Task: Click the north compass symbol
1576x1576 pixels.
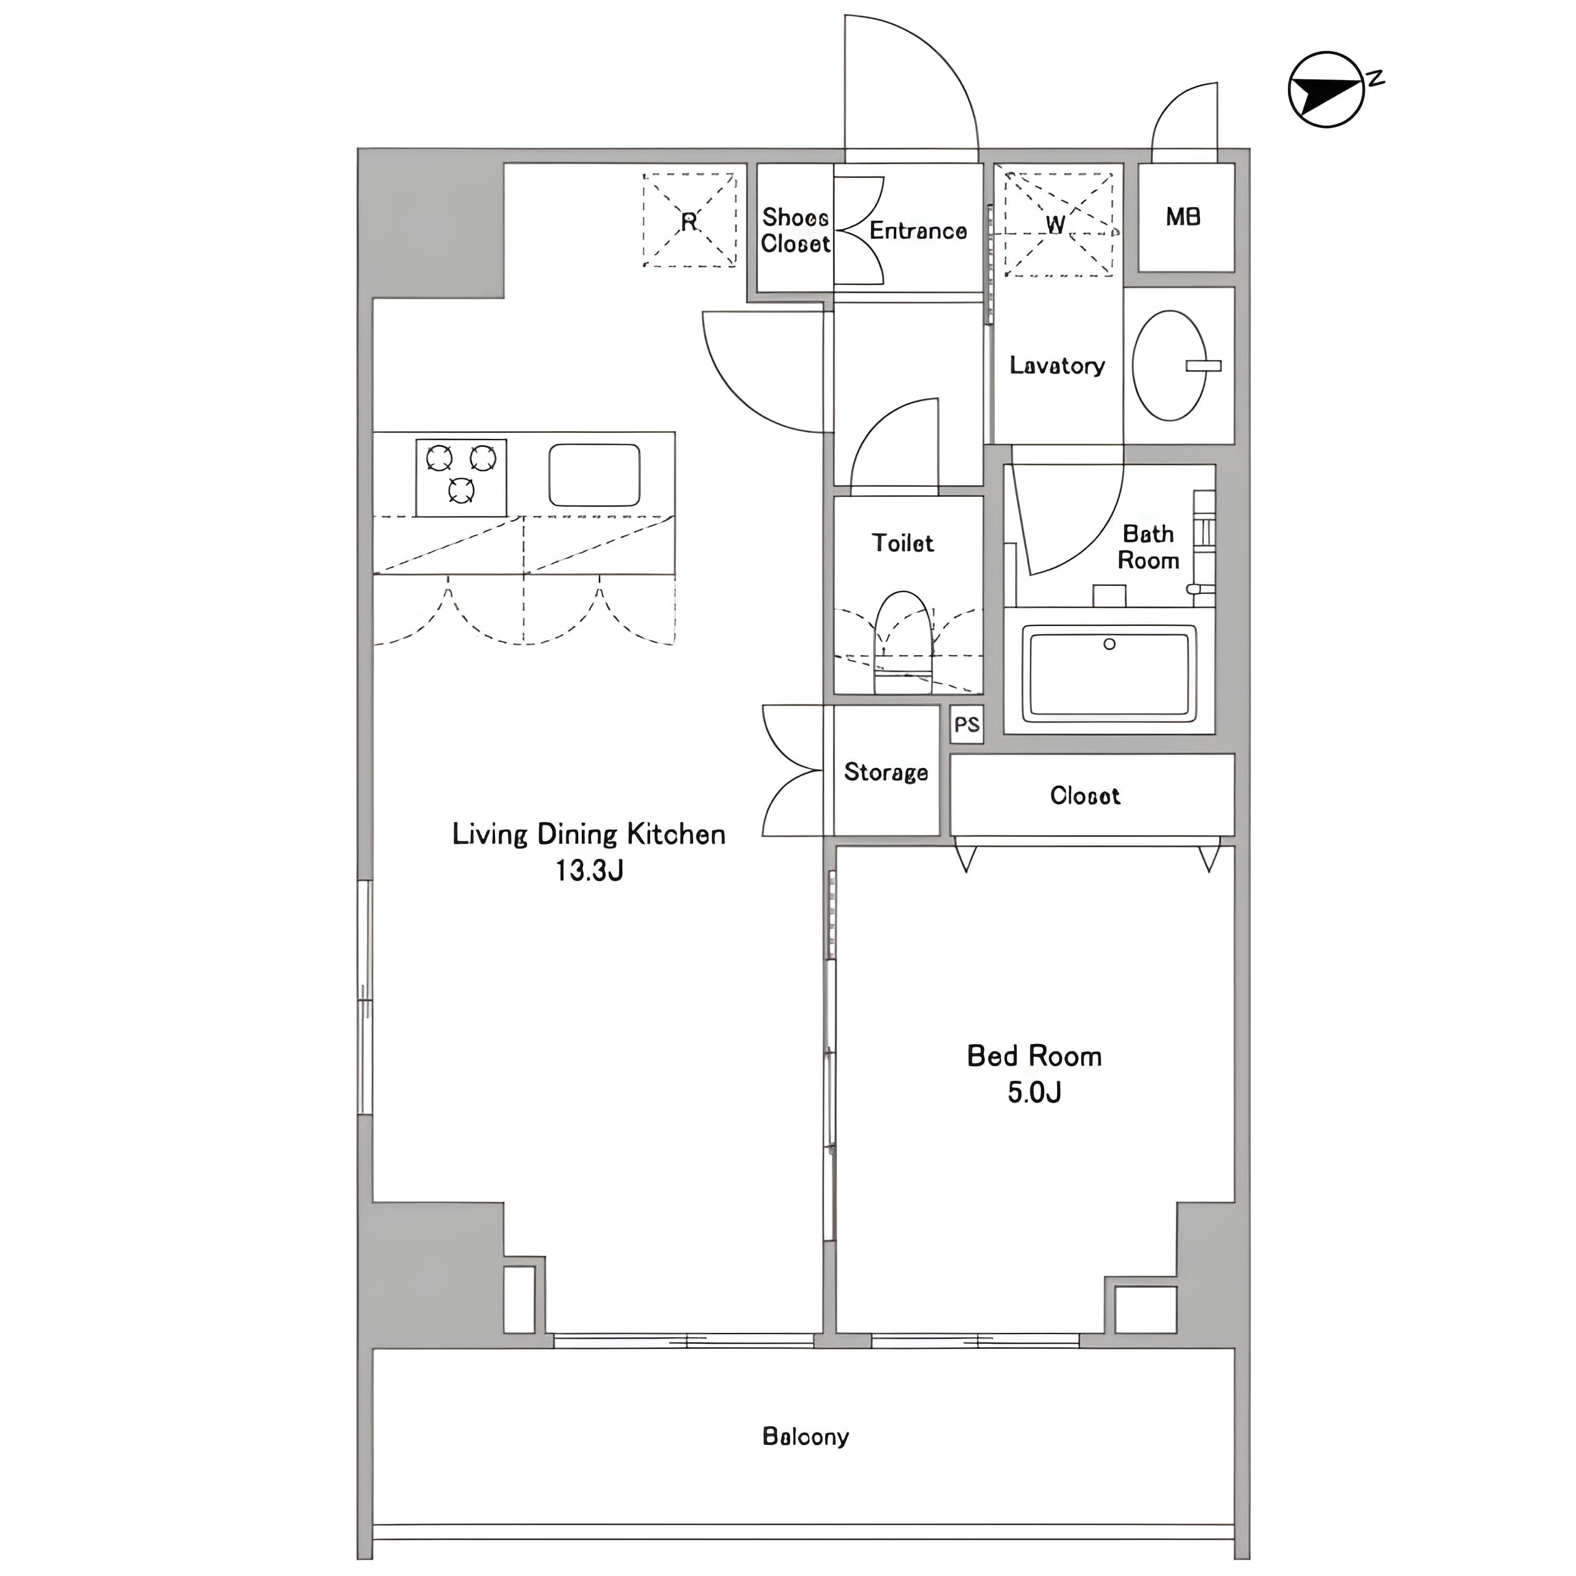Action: pyautogui.click(x=1328, y=90)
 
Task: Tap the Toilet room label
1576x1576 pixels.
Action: pyautogui.click(x=903, y=542)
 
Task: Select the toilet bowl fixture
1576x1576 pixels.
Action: pyautogui.click(x=903, y=642)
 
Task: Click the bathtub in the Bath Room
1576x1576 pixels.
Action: pyautogui.click(x=1109, y=673)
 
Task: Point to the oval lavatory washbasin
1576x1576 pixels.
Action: pyautogui.click(x=1170, y=366)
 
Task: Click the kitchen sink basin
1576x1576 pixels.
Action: pyautogui.click(x=594, y=475)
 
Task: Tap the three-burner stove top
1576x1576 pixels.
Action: pyautogui.click(x=461, y=478)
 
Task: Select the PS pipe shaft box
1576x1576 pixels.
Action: pyautogui.click(x=967, y=725)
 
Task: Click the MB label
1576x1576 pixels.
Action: pyautogui.click(x=1183, y=216)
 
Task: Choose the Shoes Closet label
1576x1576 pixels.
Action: pyautogui.click(x=795, y=230)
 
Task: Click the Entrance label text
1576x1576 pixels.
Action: pyautogui.click(x=918, y=231)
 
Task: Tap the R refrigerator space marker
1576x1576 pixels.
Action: pyautogui.click(x=689, y=220)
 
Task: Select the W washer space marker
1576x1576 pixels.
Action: pyautogui.click(x=1057, y=223)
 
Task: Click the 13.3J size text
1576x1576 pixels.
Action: pyautogui.click(x=590, y=870)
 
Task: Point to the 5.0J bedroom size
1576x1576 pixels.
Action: pyautogui.click(x=1034, y=1092)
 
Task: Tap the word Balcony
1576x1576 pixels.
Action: pyautogui.click(x=805, y=1436)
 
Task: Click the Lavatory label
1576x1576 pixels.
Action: pyautogui.click(x=1057, y=366)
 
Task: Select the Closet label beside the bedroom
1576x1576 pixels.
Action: pyautogui.click(x=1085, y=795)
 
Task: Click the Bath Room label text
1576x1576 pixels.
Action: pyautogui.click(x=1149, y=547)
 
